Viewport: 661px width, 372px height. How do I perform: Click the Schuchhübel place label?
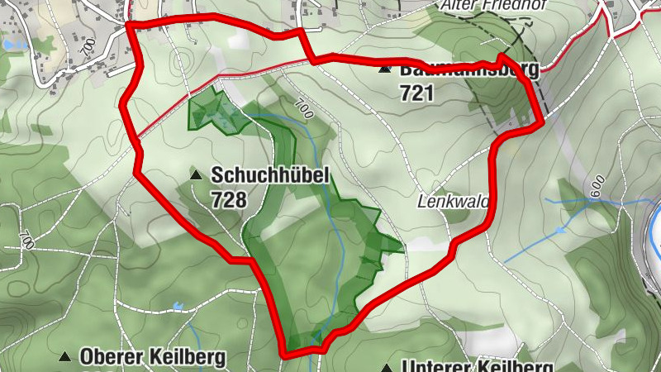pos(270,175)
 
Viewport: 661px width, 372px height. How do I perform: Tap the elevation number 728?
pos(228,199)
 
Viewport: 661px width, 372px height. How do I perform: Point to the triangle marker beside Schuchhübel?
pos(196,175)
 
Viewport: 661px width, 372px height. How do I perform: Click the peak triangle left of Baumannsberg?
pos(384,69)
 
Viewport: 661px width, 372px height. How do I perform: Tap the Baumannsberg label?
pos(468,69)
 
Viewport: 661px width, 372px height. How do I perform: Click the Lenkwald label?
pos(454,201)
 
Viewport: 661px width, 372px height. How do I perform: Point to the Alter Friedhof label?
pos(483,5)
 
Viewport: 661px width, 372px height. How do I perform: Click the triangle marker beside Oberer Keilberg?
pos(64,357)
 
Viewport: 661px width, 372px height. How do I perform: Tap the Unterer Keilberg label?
pos(475,365)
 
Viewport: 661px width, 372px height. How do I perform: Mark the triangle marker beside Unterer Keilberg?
pos(386,366)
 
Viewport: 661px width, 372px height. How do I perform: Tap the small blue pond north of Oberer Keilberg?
pos(177,307)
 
